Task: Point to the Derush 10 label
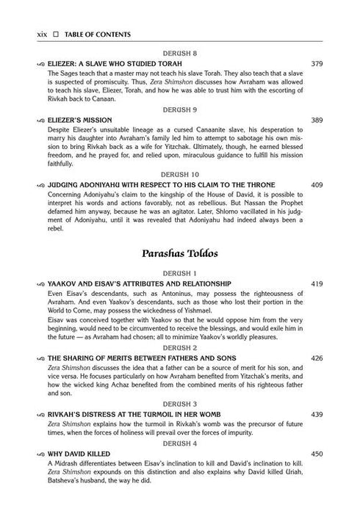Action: [x=180, y=174]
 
